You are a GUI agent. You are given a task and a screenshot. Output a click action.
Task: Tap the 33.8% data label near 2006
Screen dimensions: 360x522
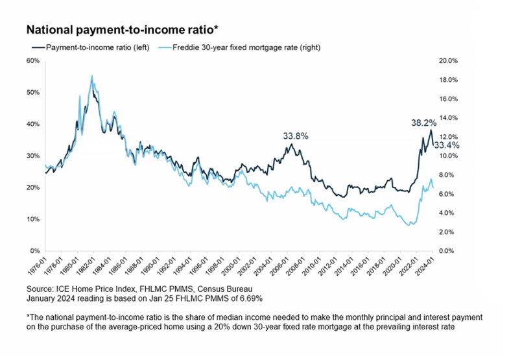(x=295, y=136)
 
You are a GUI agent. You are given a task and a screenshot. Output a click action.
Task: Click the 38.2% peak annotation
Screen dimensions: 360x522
(x=423, y=122)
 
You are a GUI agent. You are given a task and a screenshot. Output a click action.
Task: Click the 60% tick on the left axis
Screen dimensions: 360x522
(x=33, y=61)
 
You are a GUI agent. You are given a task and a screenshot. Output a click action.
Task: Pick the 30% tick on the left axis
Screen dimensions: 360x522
(x=33, y=156)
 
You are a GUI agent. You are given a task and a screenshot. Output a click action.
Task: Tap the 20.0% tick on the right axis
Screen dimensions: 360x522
(x=449, y=61)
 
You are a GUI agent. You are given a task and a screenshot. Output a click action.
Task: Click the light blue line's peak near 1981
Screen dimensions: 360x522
(x=91, y=76)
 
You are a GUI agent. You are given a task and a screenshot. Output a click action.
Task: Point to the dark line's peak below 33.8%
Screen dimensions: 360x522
(x=292, y=144)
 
